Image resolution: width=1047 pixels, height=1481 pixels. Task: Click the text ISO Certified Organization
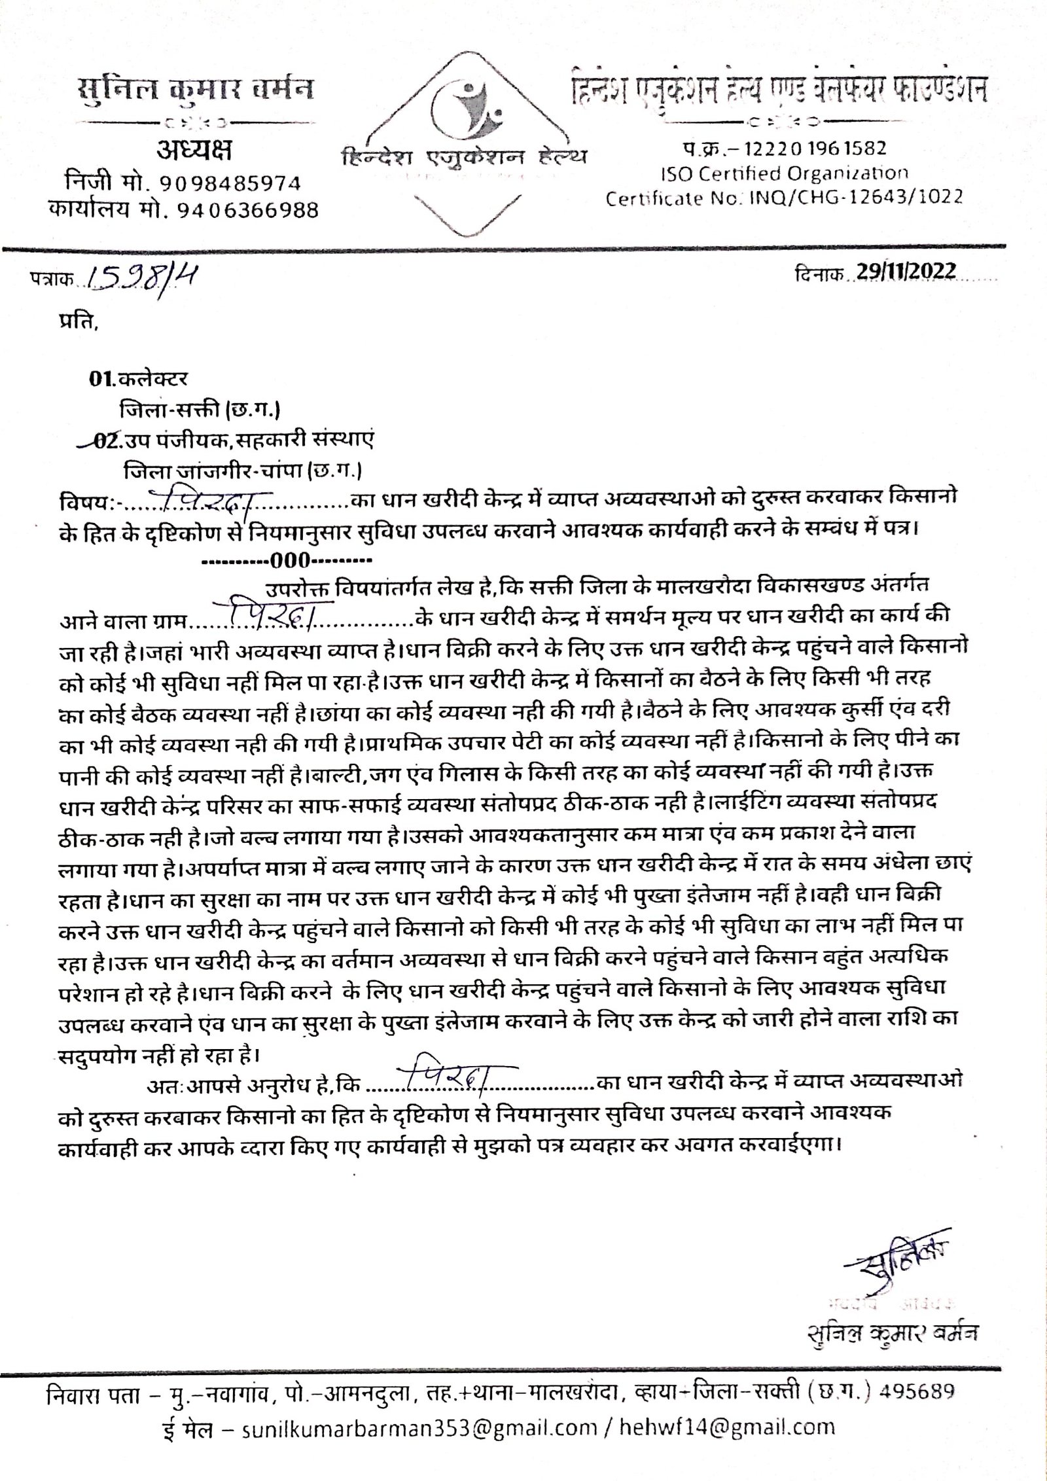pyautogui.click(x=783, y=173)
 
